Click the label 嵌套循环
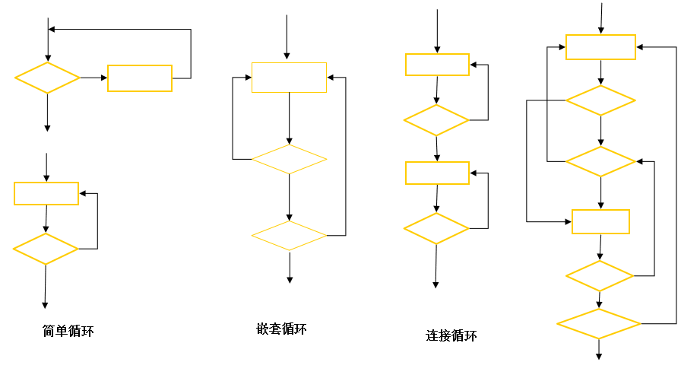282,329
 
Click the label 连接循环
451,335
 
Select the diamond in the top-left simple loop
47,78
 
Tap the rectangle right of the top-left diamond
140,78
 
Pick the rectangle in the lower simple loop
46,193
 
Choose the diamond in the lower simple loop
46,249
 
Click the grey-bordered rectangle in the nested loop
289,78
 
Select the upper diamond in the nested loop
289,159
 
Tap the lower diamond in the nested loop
289,235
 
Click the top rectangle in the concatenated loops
437,65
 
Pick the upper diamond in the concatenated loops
436,120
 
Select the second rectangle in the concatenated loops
437,173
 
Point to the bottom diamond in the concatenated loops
436,228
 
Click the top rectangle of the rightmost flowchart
600,47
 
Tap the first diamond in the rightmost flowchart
600,100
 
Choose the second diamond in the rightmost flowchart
600,161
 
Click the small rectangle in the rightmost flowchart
600,221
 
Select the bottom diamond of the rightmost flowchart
599,323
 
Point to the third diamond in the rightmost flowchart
600,275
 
